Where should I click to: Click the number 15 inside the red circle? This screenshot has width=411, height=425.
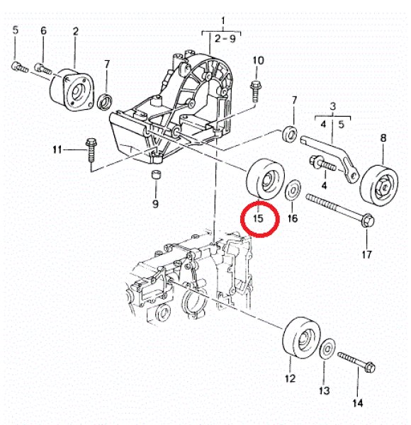point(258,220)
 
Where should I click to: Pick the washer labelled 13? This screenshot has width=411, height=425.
point(327,349)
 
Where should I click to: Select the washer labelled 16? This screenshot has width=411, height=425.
point(291,191)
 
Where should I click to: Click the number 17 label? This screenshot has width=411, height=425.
point(366,254)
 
